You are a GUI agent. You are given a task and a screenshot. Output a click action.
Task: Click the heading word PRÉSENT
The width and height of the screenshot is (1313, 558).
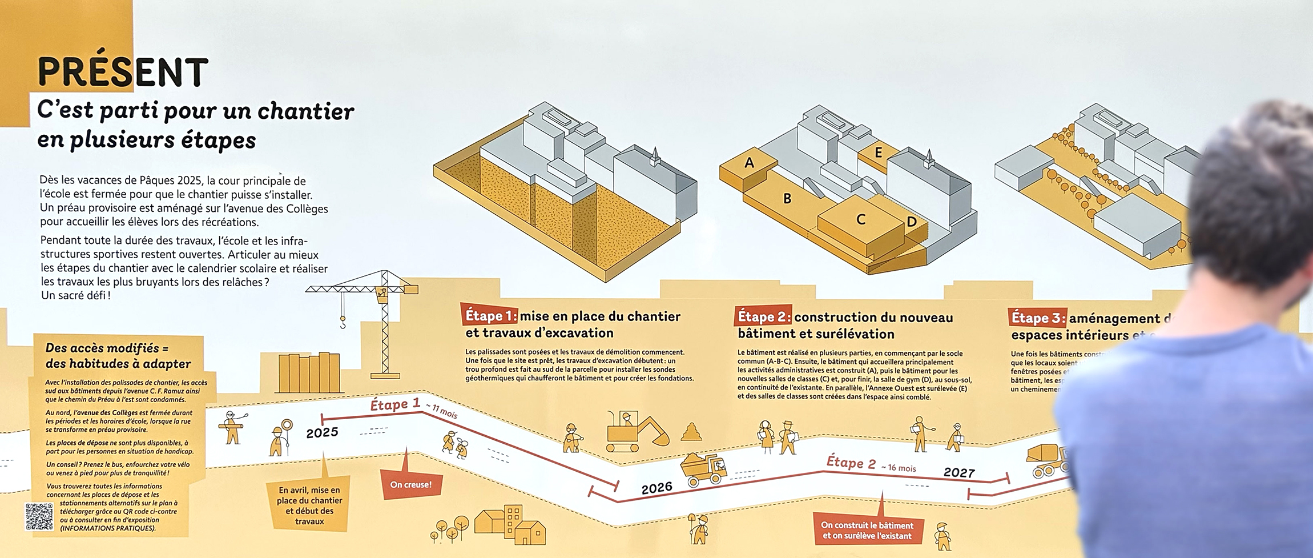tap(123, 73)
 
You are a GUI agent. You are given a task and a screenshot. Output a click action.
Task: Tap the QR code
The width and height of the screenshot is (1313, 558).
tap(39, 516)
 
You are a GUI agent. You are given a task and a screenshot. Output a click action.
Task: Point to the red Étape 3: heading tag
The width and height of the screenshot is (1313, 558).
tap(1037, 318)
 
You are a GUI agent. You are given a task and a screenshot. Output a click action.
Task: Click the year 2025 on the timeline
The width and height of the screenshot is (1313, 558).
tap(322, 432)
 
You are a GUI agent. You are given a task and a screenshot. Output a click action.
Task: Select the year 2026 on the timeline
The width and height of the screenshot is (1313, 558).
tap(656, 488)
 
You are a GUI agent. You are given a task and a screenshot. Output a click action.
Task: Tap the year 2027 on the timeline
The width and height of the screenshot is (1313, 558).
tap(959, 472)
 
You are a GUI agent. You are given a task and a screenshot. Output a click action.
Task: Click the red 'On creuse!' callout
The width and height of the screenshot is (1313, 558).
tap(410, 484)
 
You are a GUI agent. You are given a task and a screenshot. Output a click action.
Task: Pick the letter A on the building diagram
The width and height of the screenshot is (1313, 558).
tap(749, 163)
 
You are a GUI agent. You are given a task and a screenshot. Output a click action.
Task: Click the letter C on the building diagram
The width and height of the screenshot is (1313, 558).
tap(861, 219)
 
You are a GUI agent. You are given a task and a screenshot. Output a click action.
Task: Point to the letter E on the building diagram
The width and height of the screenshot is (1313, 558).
tap(879, 152)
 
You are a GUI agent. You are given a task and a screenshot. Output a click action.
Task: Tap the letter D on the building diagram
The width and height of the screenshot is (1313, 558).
tap(912, 222)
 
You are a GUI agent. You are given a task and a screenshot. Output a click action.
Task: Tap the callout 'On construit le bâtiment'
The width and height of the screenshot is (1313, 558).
tap(867, 530)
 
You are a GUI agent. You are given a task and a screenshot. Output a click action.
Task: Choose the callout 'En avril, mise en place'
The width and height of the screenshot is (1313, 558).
tap(309, 505)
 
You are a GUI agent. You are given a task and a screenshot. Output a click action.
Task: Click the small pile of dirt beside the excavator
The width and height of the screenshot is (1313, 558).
tap(691, 431)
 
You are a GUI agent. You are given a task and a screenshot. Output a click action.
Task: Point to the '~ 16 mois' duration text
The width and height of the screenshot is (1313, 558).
tap(899, 468)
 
